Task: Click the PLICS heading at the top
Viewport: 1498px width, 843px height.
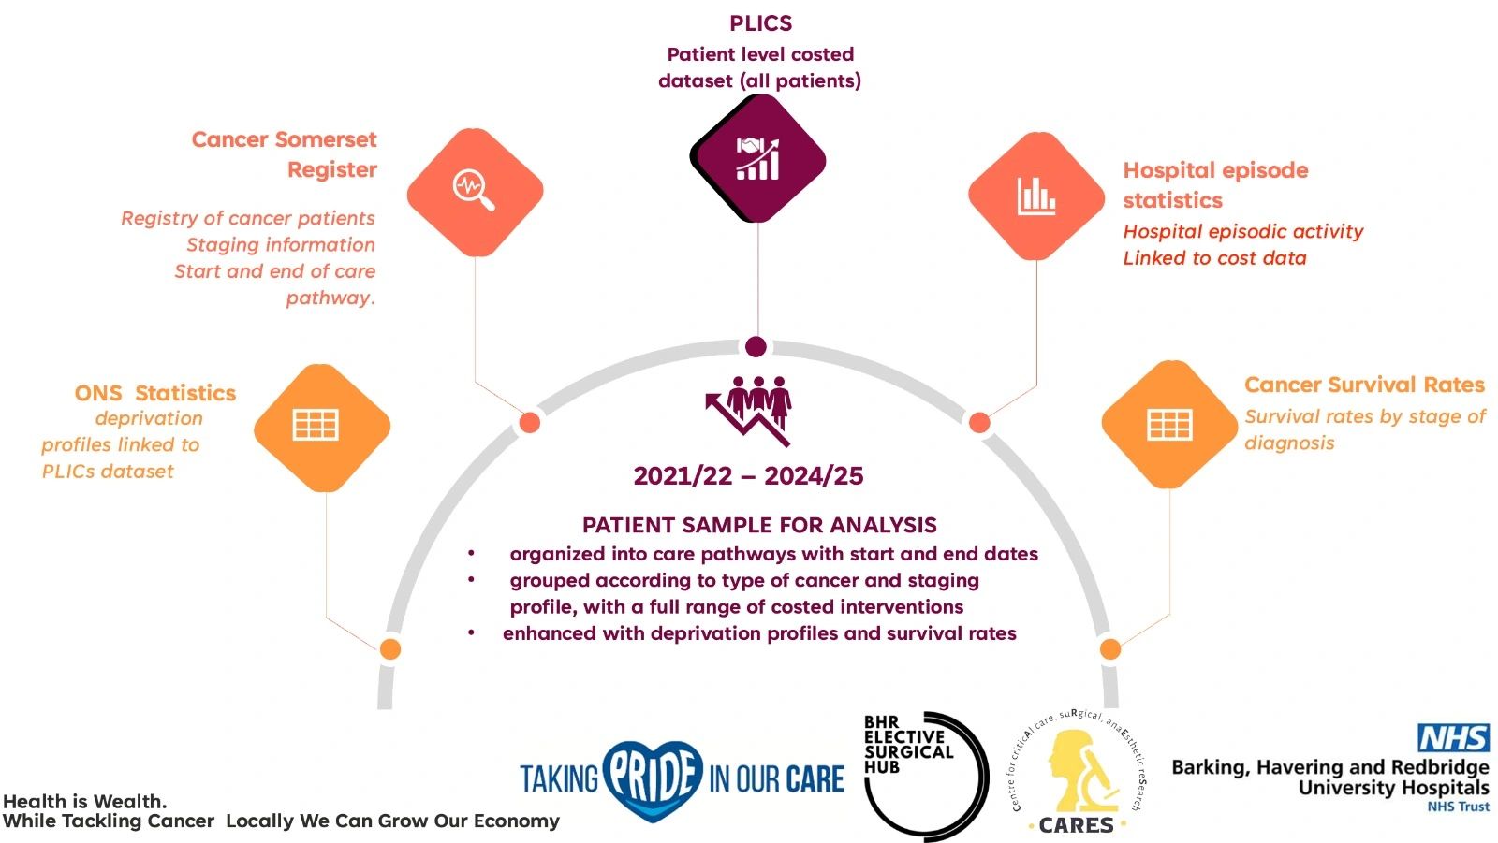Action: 760,23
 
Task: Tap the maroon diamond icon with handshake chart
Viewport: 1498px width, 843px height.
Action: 757,159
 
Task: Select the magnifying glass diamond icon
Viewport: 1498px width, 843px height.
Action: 475,191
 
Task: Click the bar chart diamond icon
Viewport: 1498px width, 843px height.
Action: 1036,196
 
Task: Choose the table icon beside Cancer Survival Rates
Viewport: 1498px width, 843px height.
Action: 1169,425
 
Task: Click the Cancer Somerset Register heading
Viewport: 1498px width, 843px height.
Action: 285,154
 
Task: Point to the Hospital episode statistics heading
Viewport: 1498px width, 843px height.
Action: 1214,184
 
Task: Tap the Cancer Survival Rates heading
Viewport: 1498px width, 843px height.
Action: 1364,385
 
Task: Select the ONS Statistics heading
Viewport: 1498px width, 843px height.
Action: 155,393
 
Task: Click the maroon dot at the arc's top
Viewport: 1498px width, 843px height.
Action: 756,347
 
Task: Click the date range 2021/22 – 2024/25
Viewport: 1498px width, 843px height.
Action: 748,476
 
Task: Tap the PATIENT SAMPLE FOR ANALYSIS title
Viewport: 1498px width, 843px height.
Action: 759,525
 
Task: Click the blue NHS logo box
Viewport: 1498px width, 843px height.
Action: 1453,738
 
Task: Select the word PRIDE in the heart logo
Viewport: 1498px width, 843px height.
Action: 654,776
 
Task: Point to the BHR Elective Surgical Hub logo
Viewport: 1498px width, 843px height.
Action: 923,772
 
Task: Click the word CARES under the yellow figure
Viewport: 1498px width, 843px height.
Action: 1076,825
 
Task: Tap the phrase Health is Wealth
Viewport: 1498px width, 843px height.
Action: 85,801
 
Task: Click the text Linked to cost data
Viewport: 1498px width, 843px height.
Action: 1214,258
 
